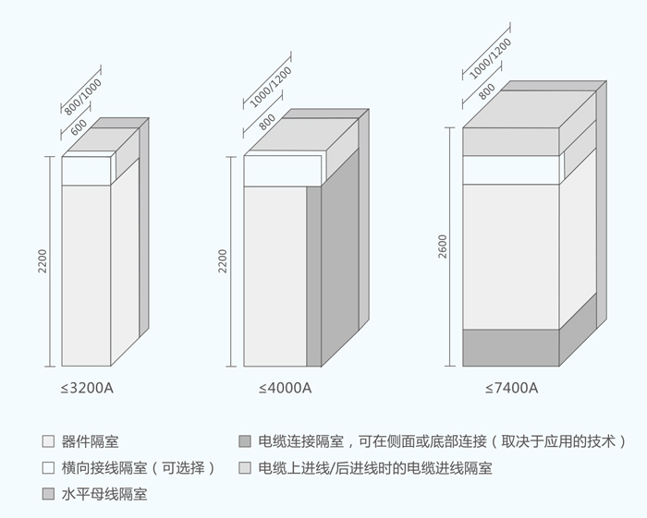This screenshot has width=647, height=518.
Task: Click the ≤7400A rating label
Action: coord(511,388)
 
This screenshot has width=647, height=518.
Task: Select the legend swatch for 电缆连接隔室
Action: coord(244,441)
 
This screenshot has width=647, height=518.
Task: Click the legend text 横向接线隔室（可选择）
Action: coord(139,467)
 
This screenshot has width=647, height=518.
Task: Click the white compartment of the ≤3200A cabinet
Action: coord(86,171)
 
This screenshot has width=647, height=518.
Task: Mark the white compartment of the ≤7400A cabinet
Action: coord(510,170)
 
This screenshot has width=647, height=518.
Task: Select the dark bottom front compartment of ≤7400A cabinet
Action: coord(510,347)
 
